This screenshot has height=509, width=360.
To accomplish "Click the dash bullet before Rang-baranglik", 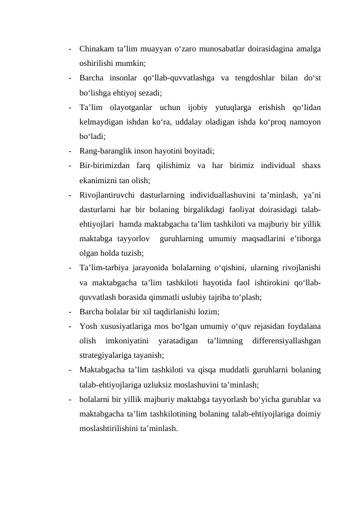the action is point(71,151).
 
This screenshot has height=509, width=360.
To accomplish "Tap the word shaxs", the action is point(309,166).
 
